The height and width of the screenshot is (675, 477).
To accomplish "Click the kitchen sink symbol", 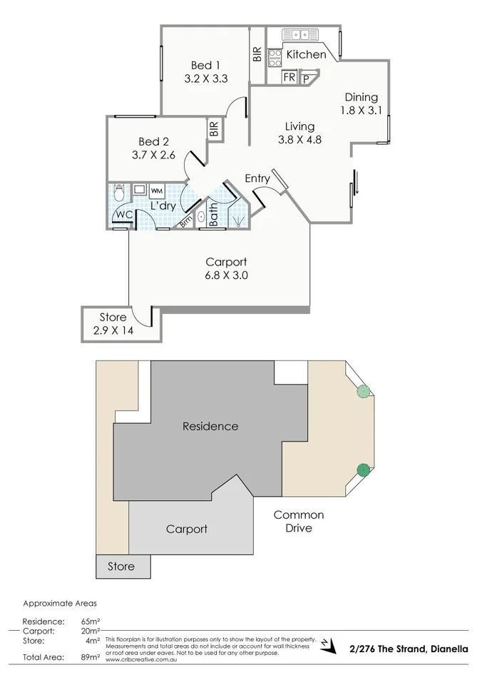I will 299,34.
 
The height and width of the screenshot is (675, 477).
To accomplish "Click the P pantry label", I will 307,78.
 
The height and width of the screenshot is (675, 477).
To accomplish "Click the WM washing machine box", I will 156,191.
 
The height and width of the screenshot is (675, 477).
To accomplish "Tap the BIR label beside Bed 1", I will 256,56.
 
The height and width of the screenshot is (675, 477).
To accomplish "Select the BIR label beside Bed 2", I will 213,128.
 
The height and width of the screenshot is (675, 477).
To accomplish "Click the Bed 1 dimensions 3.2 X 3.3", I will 205,79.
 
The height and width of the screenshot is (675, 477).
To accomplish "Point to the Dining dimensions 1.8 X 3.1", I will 361,111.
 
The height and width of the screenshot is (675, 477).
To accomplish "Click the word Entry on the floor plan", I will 257,178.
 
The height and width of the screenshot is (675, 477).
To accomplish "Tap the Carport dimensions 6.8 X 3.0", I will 226,275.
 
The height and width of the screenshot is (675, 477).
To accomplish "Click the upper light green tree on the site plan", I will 364,391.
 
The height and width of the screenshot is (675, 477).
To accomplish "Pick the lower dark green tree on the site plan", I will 364,470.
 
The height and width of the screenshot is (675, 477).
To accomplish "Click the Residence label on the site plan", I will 210,427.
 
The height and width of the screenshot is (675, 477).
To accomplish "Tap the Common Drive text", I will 299,522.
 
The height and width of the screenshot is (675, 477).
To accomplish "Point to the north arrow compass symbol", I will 327,644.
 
